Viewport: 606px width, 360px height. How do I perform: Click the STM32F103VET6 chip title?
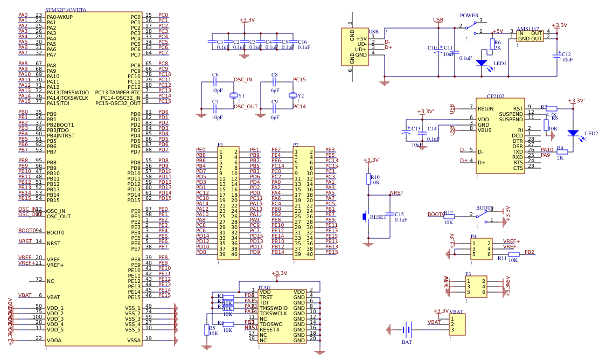[x=66, y=10]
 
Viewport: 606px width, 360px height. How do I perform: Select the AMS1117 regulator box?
[x=530, y=36]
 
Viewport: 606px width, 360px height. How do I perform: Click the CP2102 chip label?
[x=495, y=96]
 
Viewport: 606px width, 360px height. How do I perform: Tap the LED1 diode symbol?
[x=482, y=63]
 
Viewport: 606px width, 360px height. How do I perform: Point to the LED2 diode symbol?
[x=573, y=133]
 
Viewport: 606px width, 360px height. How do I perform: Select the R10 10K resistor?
[x=369, y=179]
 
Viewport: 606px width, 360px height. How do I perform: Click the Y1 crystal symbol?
[x=234, y=95]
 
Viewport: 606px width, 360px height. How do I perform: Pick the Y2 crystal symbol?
[x=292, y=95]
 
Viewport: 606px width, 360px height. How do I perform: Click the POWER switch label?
[x=469, y=16]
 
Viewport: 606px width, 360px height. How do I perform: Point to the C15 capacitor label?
[x=399, y=214]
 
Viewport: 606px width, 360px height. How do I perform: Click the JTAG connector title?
[x=264, y=287]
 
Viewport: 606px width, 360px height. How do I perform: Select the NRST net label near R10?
[x=396, y=192]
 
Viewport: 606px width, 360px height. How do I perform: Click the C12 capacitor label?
[x=566, y=54]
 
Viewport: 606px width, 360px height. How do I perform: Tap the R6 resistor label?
[x=497, y=42]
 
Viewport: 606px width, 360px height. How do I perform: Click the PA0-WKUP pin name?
[x=59, y=17]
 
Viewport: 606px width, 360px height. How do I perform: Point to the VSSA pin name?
[x=134, y=340]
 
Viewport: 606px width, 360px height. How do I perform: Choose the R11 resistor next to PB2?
[x=513, y=254]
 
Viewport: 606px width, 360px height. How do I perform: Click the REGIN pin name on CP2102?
[x=486, y=108]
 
